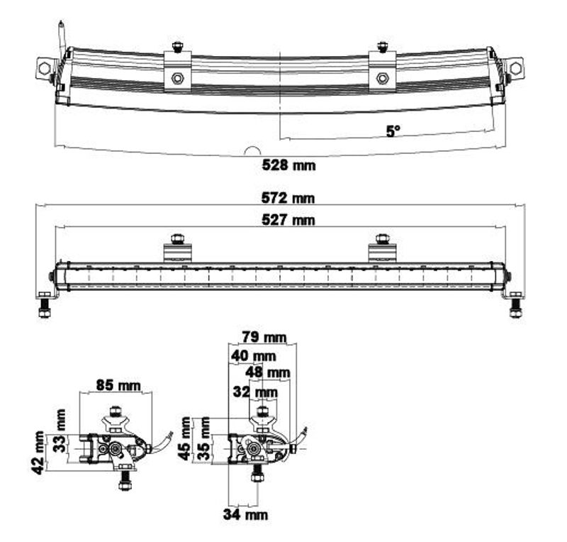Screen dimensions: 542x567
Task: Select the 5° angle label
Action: click(x=393, y=131)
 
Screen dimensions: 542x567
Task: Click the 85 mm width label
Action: click(x=118, y=387)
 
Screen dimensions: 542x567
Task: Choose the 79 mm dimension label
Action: click(x=262, y=336)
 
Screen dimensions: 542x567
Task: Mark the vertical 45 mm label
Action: click(x=186, y=438)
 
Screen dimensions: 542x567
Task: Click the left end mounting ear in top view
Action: click(x=45, y=69)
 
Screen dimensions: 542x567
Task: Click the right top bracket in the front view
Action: click(x=382, y=249)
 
